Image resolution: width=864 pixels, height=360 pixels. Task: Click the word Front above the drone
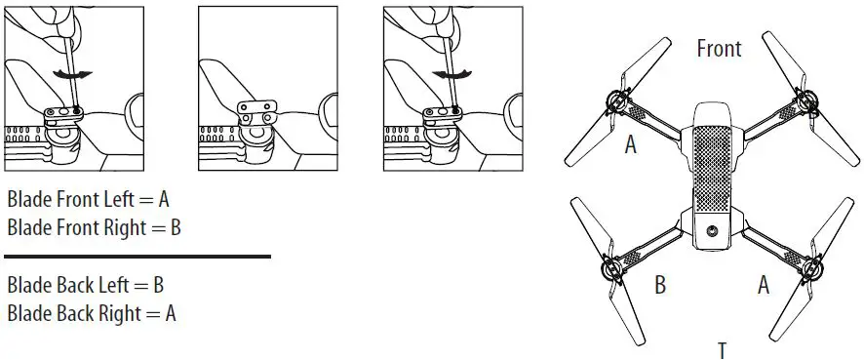point(719,49)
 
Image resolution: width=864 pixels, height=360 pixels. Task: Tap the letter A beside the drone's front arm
point(631,146)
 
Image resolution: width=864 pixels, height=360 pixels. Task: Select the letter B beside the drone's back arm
point(660,285)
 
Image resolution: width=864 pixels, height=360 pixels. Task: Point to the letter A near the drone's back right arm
point(764,285)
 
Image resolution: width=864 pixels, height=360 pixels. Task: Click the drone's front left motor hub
point(616,100)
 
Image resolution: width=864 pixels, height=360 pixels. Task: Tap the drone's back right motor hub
point(811,265)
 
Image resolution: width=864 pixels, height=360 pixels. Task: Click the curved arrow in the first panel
point(66,75)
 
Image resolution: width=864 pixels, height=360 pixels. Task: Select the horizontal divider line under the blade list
point(137,257)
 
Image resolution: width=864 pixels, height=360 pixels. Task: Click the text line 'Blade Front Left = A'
point(89,200)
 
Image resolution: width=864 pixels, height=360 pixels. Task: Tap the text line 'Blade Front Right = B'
point(94,226)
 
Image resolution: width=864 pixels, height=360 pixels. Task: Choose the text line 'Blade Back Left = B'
point(85,287)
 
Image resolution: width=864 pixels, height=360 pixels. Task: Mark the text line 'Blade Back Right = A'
point(91,313)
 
